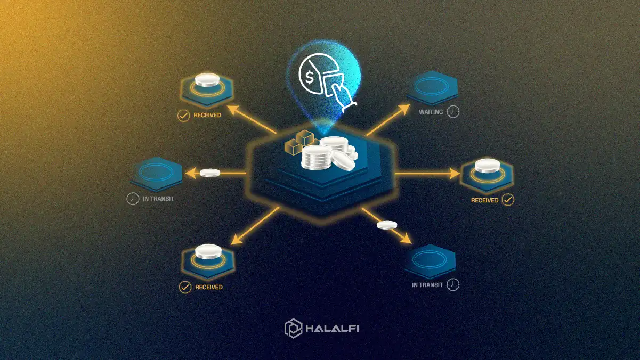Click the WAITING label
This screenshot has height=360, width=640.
tap(431, 112)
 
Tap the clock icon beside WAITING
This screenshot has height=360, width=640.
tap(453, 112)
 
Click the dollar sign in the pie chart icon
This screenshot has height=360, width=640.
tap(310, 78)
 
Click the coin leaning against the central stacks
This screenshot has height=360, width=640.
tap(343, 160)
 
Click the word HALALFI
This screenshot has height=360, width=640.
tap(332, 328)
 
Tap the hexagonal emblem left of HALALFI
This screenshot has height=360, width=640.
tap(293, 328)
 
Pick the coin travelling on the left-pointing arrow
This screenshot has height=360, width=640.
tap(210, 173)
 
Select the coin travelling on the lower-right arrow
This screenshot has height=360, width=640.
tap(387, 225)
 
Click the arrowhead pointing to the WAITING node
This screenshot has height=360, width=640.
tap(405, 109)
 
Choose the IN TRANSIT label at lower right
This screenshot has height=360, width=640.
tap(427, 285)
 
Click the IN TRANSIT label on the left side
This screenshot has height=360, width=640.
tap(158, 199)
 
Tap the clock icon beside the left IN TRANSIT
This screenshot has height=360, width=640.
tap(133, 199)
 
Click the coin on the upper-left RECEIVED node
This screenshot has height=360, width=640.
tap(207, 80)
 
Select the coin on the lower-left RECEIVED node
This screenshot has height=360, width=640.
tap(208, 251)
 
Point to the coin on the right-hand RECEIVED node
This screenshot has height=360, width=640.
tap(487, 166)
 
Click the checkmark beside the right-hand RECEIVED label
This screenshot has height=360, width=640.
tap(508, 200)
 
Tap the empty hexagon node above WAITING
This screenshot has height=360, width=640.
tap(432, 87)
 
